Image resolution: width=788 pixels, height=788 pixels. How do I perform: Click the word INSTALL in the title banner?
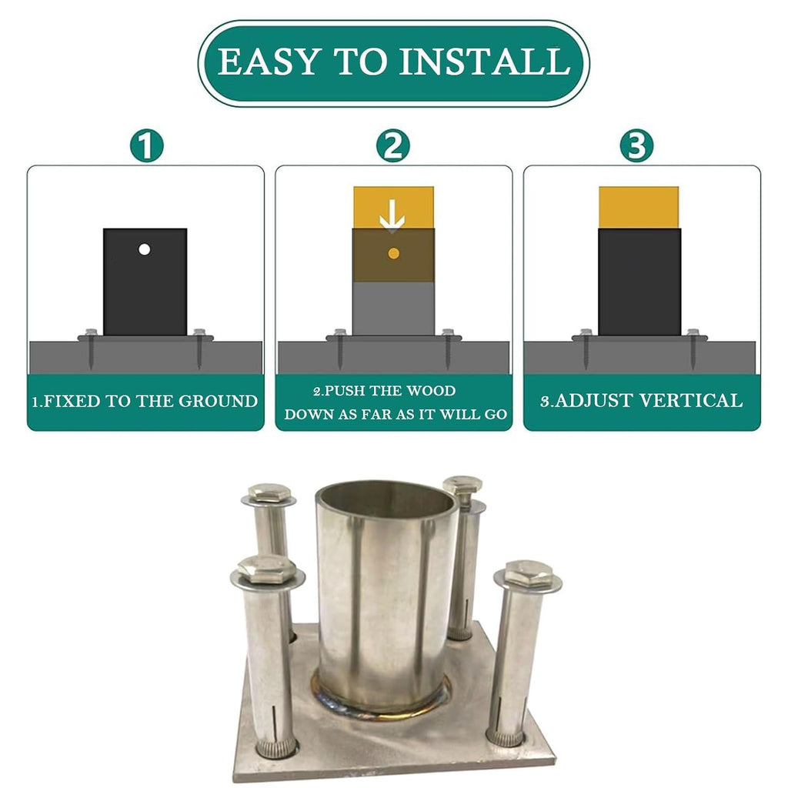point(484,62)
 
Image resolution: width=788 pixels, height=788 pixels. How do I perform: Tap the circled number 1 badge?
point(147,145)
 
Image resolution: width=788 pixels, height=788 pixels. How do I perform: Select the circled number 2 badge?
point(393,145)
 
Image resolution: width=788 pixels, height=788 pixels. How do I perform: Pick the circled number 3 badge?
point(636,145)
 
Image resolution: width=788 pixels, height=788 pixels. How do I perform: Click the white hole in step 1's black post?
point(144,249)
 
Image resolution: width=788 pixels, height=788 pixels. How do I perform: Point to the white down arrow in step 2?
point(392,215)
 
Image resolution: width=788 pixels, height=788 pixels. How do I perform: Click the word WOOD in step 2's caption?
point(431,390)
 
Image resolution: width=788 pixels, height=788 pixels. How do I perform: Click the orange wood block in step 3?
point(639,208)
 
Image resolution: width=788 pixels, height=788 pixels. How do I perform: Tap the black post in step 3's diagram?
point(639,282)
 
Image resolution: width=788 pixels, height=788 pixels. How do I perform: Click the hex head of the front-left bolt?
point(267,569)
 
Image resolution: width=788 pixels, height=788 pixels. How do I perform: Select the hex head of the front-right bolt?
point(528,573)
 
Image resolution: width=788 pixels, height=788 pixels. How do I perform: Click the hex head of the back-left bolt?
point(269,492)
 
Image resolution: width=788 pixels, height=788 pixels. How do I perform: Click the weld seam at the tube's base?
point(382,706)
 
